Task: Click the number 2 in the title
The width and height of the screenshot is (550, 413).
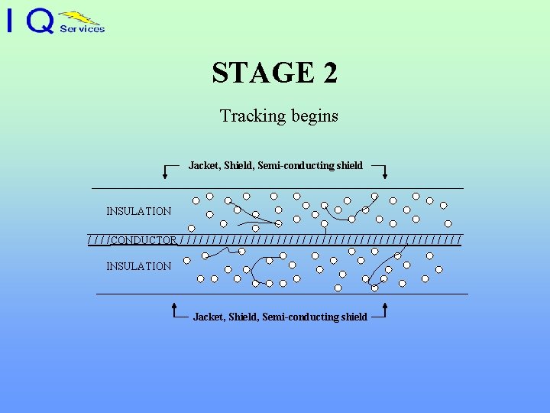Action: pyautogui.click(x=329, y=73)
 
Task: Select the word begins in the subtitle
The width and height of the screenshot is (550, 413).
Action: pyautogui.click(x=313, y=117)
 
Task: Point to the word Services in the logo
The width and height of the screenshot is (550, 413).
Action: pyautogui.click(x=82, y=29)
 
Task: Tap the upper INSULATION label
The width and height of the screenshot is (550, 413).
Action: pyautogui.click(x=138, y=211)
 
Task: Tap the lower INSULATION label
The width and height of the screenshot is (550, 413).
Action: pyautogui.click(x=138, y=266)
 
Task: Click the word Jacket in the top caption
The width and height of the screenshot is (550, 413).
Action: pyautogui.click(x=203, y=165)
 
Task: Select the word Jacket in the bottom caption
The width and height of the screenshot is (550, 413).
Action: pyautogui.click(x=208, y=317)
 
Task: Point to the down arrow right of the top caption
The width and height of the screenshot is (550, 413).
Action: pyautogui.click(x=383, y=171)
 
